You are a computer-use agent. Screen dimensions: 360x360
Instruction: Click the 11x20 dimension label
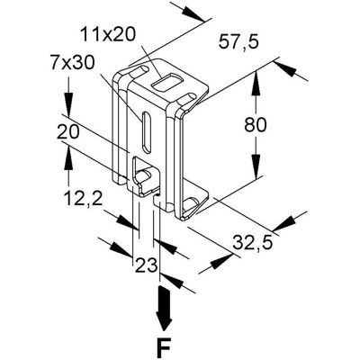coord(108,34)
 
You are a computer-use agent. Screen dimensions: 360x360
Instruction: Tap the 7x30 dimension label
coord(73,63)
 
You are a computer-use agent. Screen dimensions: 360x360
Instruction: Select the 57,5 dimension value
coord(238,42)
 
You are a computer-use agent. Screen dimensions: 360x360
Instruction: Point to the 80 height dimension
coord(256,125)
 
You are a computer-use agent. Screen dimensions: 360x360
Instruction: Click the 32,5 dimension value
coord(253,242)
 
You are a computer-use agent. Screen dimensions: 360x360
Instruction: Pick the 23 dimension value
coord(146,265)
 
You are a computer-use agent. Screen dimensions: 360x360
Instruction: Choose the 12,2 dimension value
coord(84,198)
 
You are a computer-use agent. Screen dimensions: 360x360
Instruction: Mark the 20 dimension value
coord(68,131)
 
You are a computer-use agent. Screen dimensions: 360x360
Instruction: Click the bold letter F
coord(165,348)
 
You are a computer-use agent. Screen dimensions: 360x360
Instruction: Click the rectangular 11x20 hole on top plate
coord(167,82)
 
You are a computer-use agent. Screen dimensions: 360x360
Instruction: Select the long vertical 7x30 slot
coord(147,131)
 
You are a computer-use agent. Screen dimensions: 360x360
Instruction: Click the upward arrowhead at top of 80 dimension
coord(256,80)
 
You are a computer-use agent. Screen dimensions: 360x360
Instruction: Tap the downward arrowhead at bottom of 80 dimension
coord(256,167)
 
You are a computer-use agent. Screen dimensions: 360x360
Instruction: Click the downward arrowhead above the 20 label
coord(68,105)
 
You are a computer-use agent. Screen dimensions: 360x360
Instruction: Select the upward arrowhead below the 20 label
coord(68,158)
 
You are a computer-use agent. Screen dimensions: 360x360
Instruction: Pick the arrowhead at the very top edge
coord(194,15)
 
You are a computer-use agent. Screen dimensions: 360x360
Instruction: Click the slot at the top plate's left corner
coord(139,71)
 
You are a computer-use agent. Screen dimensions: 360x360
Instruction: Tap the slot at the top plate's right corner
coord(187,98)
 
